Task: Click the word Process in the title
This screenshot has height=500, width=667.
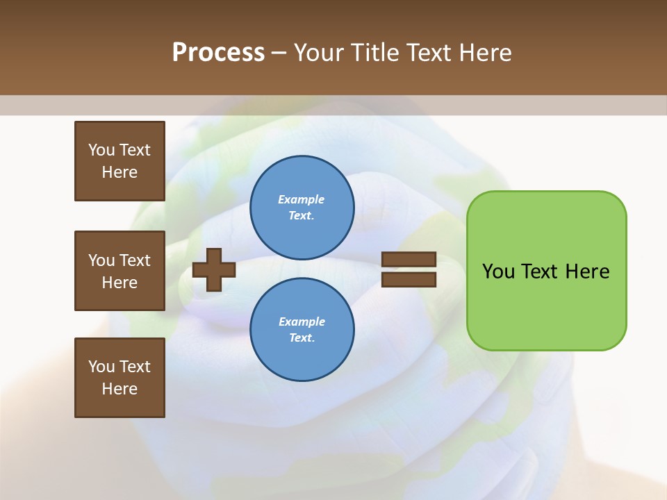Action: (218, 53)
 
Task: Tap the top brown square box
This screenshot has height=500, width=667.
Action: (120, 161)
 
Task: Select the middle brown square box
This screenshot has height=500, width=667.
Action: (120, 271)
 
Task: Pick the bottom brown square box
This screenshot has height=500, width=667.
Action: (120, 378)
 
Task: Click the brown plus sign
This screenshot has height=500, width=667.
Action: (214, 269)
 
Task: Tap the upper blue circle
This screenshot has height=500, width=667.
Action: (302, 208)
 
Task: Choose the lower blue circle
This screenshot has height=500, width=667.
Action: (302, 330)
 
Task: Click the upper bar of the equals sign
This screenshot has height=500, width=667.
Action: (409, 260)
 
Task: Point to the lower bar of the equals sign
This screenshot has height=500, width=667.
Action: (409, 279)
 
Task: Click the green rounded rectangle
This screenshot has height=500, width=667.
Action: (546, 306)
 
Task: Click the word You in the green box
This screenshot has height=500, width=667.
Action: (498, 272)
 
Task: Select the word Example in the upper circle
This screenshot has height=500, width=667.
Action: (302, 199)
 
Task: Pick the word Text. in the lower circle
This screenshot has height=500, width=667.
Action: (302, 337)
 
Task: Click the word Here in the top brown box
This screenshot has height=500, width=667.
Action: (120, 172)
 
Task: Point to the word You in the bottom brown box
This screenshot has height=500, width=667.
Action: (101, 367)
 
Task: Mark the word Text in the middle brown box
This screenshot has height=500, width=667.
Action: (135, 260)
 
